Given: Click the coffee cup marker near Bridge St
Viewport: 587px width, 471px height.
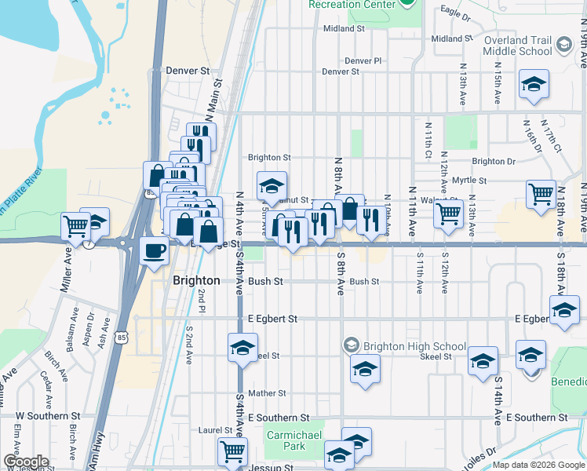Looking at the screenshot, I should tap(154, 250).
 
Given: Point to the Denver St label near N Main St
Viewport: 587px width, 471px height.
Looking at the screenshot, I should tap(188, 70).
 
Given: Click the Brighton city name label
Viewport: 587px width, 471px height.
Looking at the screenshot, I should tap(196, 280).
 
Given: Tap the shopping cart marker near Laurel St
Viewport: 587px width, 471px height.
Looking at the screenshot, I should tap(232, 451).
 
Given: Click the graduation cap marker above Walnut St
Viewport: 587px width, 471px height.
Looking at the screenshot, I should tap(272, 185).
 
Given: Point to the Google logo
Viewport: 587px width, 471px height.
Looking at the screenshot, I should tap(26, 462).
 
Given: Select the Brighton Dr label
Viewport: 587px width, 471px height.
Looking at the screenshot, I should tap(494, 161).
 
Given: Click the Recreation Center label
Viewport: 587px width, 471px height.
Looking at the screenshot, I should tap(351, 4).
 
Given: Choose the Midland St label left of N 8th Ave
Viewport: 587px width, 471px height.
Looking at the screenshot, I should tap(345, 28).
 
